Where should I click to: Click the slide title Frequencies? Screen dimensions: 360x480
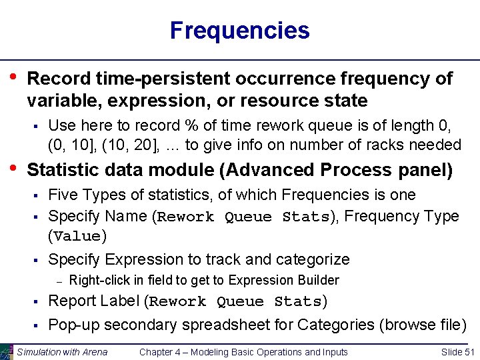click(x=239, y=31)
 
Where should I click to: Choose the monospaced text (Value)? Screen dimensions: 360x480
click(x=76, y=237)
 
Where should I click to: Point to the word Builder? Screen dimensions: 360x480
click(x=318, y=281)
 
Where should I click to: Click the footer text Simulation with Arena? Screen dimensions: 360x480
click(x=62, y=352)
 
